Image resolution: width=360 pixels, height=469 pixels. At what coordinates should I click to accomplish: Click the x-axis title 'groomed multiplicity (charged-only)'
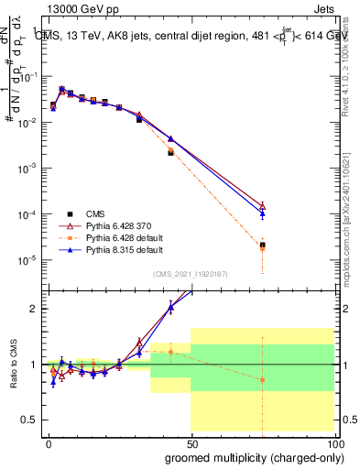point(249,456)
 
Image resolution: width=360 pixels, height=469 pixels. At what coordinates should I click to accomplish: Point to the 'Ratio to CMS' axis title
point(14,365)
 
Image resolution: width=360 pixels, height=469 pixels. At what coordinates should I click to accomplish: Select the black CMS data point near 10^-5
point(263,245)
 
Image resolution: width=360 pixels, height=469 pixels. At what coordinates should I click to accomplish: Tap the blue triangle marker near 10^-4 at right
point(263,213)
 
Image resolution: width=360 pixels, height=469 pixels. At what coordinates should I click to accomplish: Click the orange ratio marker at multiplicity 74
point(263,379)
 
